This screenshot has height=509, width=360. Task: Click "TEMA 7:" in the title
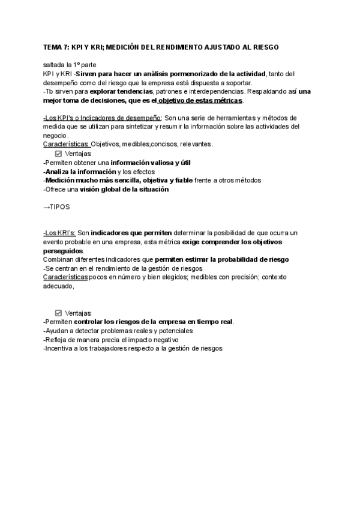coord(56,47)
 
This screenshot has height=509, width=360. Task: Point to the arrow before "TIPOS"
coord(47,206)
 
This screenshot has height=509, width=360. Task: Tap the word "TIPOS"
coord(61,206)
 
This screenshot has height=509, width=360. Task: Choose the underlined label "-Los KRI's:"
coord(59,232)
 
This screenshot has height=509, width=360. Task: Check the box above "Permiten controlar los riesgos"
coord(58,313)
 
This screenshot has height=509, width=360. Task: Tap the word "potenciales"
coord(173,331)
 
